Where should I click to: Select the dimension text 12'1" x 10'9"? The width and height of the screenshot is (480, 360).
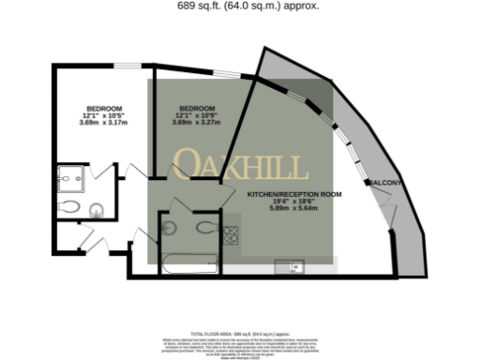(x=198, y=115)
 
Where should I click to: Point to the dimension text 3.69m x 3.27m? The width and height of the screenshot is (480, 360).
(x=198, y=123)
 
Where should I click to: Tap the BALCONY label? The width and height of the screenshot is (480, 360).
(x=388, y=181)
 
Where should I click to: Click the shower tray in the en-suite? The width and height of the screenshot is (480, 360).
(x=70, y=176)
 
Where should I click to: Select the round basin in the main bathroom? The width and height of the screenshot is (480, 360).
(x=170, y=226)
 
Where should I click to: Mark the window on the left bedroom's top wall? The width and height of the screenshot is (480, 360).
(x=127, y=64)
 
